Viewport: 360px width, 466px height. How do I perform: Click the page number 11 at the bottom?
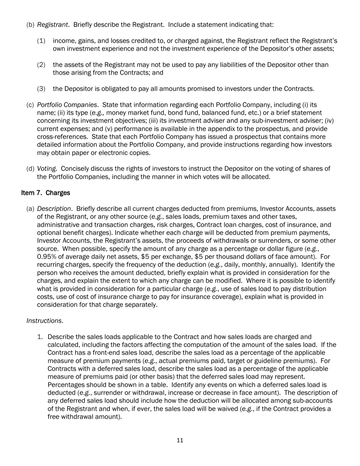[x=180, y=440]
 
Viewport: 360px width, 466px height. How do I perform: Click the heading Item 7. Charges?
[x=45, y=193]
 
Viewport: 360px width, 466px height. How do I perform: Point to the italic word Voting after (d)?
[x=46, y=169]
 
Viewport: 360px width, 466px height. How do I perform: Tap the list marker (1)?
[x=41, y=41]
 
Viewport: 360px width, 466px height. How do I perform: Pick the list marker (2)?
[x=41, y=65]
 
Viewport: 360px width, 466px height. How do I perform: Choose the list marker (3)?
[x=41, y=89]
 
